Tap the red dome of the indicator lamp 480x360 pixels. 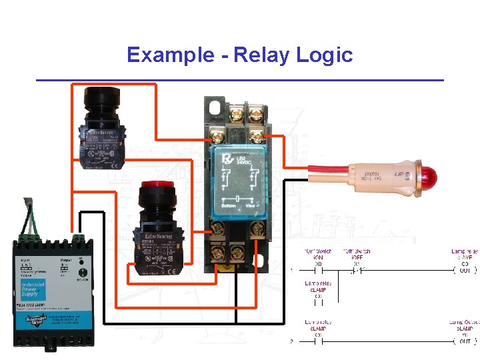pos(429,177)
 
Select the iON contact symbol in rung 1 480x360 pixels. pos(318,271)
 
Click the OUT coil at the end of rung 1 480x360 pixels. pos(464,271)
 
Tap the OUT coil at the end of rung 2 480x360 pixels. pos(464,341)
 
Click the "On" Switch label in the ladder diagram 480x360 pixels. pos(318,251)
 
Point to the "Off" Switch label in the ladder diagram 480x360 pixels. pos(356,251)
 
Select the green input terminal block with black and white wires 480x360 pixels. pos(30,236)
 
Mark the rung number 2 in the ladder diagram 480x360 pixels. pos(292,342)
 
